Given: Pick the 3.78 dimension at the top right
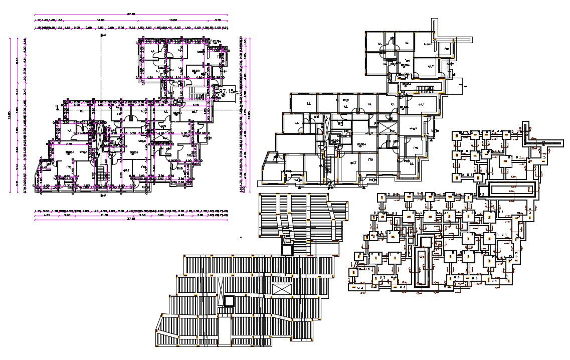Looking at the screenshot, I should (218, 21).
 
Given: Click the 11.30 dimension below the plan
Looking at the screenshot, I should (104, 215).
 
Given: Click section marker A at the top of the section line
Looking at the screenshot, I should (104, 36).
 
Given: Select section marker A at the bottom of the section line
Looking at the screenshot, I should (105, 196).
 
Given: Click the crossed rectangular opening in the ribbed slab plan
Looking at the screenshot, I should (281, 290).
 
